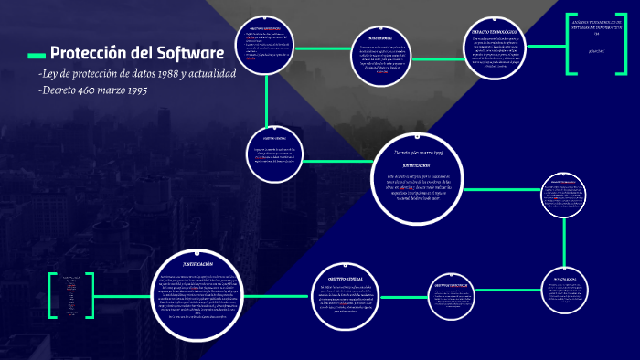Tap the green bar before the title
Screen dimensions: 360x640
tap(37, 53)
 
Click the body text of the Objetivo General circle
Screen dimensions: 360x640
tap(350, 300)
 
